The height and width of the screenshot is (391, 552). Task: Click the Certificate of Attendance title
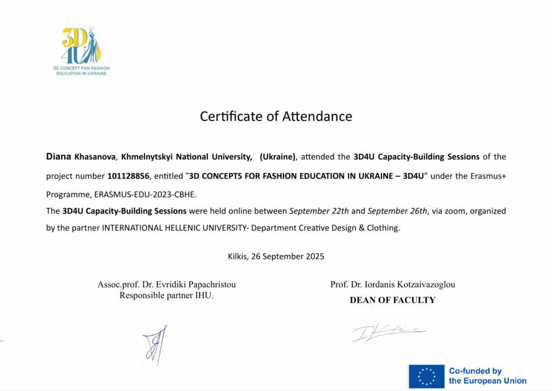(276, 116)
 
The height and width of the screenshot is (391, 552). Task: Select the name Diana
(58, 157)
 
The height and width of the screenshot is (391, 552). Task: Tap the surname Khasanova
(95, 157)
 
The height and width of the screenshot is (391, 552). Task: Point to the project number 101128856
(128, 176)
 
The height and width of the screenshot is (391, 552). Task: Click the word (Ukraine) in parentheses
(278, 157)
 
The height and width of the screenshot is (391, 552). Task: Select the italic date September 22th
(312, 210)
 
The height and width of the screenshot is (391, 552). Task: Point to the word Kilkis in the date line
(237, 256)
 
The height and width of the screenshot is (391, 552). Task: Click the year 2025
(314, 256)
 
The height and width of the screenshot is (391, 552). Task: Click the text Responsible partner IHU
(167, 295)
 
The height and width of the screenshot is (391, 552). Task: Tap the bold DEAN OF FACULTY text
(392, 300)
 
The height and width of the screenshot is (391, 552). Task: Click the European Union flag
(426, 376)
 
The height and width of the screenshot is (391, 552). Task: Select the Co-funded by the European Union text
(487, 376)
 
